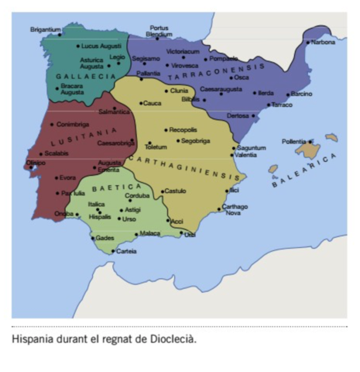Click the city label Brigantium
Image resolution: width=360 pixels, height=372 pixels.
45,29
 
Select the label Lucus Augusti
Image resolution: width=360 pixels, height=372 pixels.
101,46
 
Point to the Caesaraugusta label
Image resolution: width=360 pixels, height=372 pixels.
221,89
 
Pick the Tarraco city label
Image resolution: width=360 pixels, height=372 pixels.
281,104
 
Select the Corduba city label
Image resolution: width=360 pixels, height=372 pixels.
138,195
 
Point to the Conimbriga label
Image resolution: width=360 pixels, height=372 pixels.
73,124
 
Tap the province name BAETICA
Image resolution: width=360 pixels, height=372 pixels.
117,188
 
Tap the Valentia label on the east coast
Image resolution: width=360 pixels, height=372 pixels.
245,155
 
